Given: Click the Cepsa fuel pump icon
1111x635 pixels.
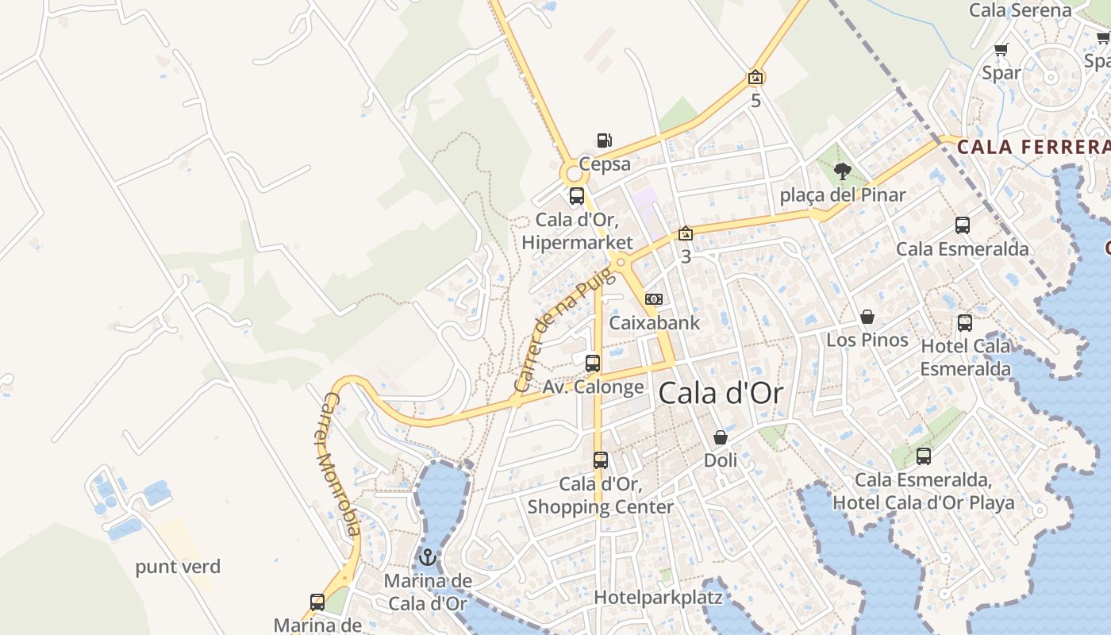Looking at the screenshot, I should coord(604,140).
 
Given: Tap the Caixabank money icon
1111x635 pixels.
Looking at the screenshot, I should coord(654,299).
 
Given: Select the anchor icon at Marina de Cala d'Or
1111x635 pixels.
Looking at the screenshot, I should coord(429,556).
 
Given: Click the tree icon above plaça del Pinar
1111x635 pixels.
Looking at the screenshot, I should coord(843,171).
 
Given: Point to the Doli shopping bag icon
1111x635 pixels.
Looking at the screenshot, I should coord(720,437).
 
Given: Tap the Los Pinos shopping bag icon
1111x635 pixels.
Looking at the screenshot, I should coord(867,317).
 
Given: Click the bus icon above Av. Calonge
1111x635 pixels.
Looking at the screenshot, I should coord(593,364).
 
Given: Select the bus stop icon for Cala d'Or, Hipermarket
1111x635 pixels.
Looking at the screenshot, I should coord(577,196).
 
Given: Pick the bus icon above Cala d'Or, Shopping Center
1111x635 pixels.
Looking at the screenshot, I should coord(601,460).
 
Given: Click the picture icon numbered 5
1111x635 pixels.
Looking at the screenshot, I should coord(755,78).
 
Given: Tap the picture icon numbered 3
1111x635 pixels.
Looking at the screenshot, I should coord(686,234).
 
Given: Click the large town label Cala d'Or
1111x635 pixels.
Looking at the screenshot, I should coord(721,393).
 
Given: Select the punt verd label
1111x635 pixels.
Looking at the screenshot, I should coord(178,567).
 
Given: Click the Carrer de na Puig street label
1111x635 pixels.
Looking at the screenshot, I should coord(564,329).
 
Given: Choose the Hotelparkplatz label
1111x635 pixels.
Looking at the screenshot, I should coord(657,597).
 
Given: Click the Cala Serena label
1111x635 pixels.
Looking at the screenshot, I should coord(1021,10).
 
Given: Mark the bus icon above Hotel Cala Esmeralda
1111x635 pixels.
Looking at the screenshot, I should coord(965,323).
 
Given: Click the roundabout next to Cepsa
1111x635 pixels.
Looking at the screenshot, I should coord(572,171).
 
